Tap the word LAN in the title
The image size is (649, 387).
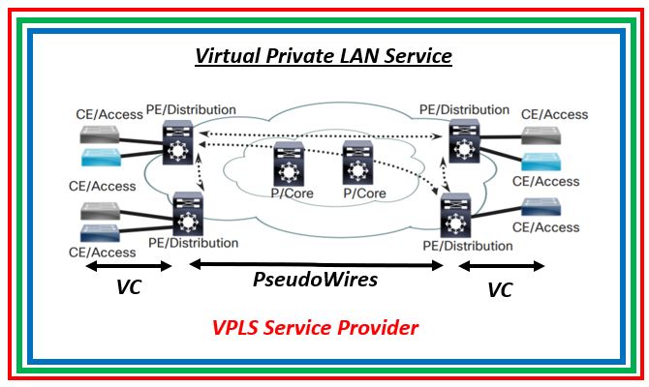click(350, 56)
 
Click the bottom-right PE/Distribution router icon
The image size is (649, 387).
click(453, 216)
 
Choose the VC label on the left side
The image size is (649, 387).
click(128, 287)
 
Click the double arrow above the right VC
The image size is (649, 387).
click(501, 265)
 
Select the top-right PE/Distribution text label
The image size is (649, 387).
click(465, 110)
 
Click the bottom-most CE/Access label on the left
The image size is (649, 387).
click(102, 253)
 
